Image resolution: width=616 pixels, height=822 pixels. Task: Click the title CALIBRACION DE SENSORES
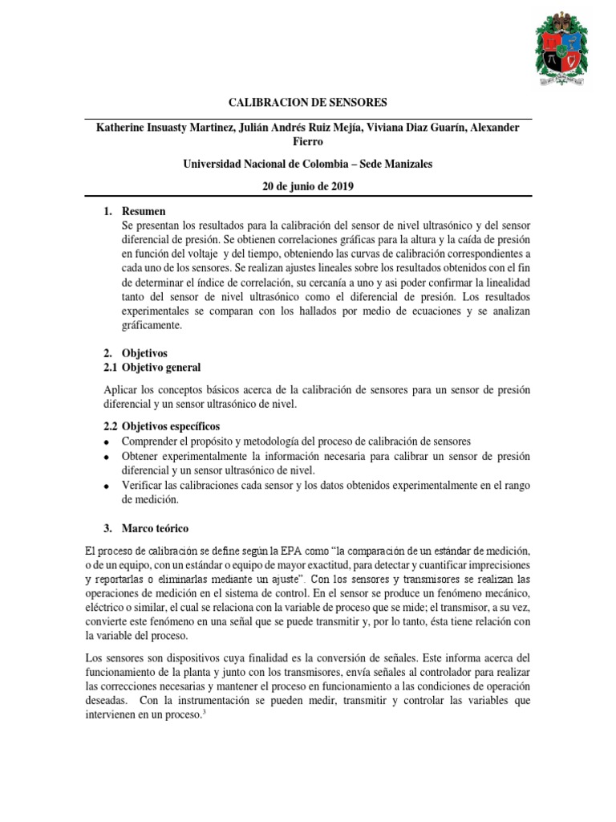[309, 103]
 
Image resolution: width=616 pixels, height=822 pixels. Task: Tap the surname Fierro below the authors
[309, 143]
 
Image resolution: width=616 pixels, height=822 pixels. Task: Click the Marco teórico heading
[155, 529]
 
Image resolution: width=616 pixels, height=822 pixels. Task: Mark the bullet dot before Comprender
[106, 442]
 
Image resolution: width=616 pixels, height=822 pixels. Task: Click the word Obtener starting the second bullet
[141, 456]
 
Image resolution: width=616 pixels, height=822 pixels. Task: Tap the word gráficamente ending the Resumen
[151, 326]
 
